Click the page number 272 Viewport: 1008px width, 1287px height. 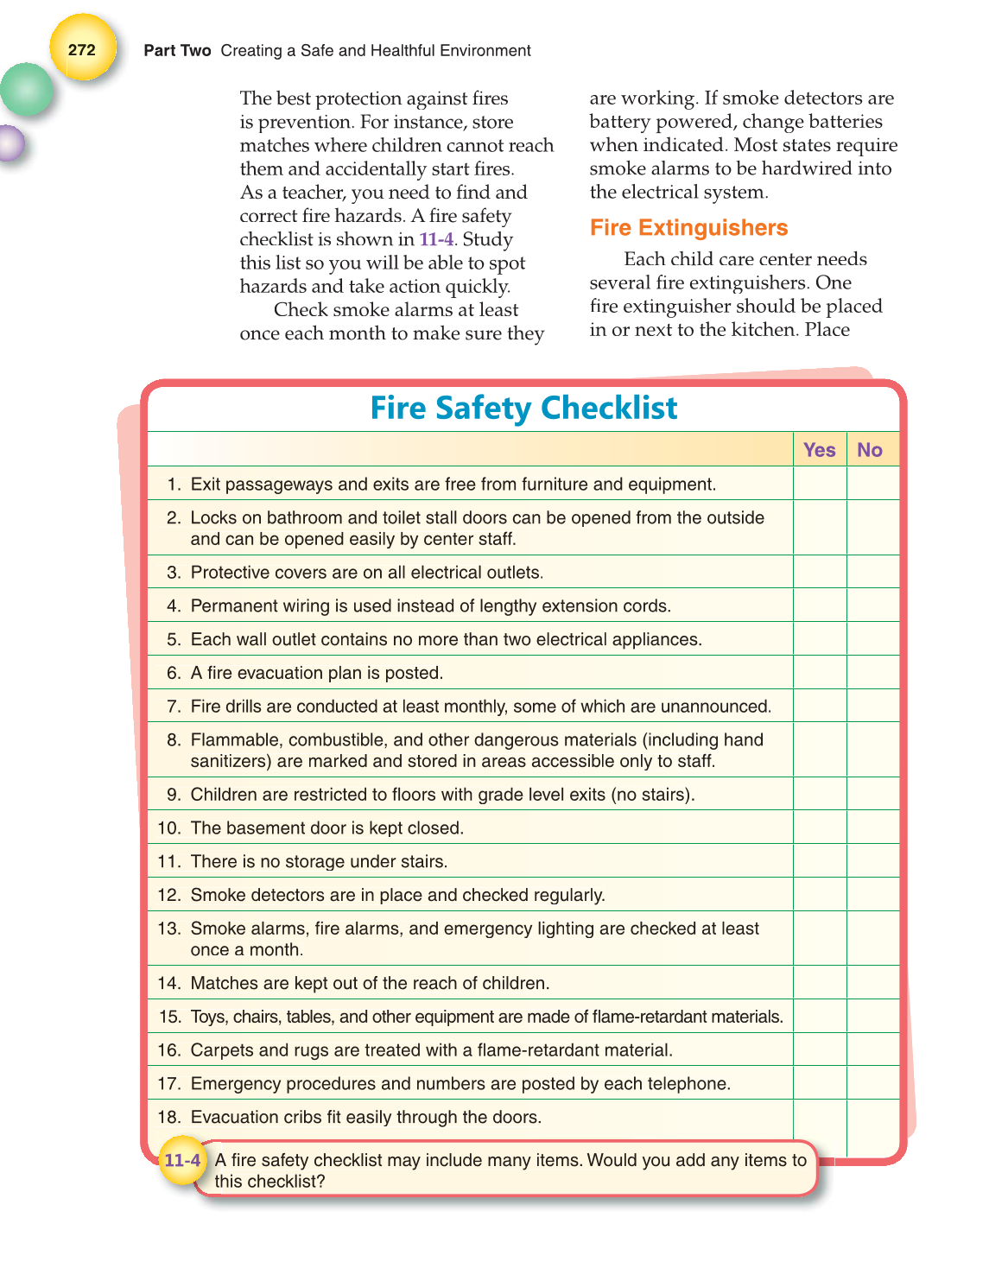82,49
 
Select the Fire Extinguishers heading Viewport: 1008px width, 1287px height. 688,227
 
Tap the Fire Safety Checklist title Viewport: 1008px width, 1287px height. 523,408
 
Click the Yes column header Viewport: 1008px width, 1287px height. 819,449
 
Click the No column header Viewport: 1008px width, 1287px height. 869,449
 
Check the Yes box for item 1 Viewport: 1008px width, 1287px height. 819,484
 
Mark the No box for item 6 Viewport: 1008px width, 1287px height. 872,673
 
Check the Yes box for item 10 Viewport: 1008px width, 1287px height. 819,827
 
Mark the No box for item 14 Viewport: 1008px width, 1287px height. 872,983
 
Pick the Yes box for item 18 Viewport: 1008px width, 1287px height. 819,1117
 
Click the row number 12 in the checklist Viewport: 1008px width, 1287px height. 168,895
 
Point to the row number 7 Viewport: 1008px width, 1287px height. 174,707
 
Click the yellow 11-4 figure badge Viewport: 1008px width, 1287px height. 182,1160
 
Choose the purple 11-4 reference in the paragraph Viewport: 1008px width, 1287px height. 436,239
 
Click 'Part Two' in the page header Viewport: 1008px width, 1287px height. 177,51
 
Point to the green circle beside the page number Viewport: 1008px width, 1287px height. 26,90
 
